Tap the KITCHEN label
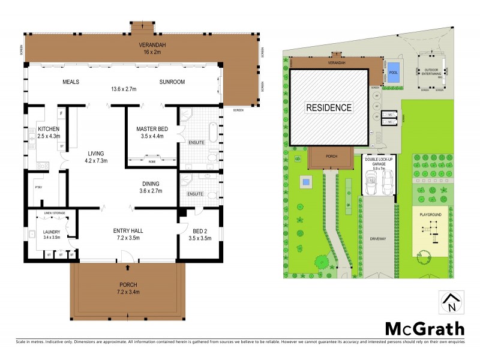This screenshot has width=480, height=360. tap(48, 129)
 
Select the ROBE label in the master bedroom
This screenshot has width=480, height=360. tap(152, 161)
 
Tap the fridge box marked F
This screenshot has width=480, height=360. tap(61, 112)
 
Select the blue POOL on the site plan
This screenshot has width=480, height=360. tap(393, 72)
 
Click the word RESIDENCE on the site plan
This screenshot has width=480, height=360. tap(329, 108)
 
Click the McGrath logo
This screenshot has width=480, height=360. tap(424, 328)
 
